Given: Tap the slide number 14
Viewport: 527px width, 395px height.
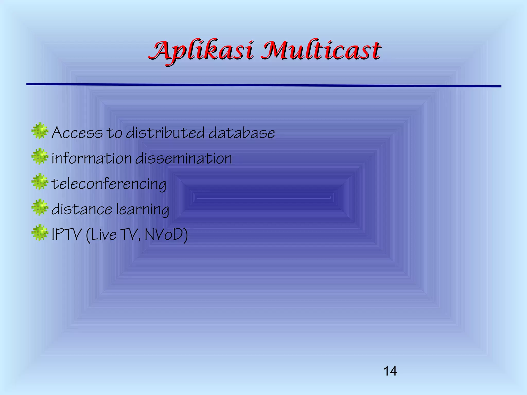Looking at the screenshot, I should point(390,371).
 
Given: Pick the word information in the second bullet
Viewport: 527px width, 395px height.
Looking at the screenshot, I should point(92,158).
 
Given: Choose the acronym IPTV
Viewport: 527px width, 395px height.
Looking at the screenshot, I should point(66,235).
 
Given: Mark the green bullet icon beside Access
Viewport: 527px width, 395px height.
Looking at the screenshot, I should point(40,131).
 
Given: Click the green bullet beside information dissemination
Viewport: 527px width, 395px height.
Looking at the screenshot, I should point(40,156).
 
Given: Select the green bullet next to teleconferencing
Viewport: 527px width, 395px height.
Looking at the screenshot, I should point(40,182).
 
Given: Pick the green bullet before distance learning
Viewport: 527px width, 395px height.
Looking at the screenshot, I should point(40,207).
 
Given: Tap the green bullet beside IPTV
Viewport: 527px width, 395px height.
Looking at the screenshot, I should point(40,232).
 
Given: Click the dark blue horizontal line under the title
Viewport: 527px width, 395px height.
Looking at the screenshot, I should point(263,85).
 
